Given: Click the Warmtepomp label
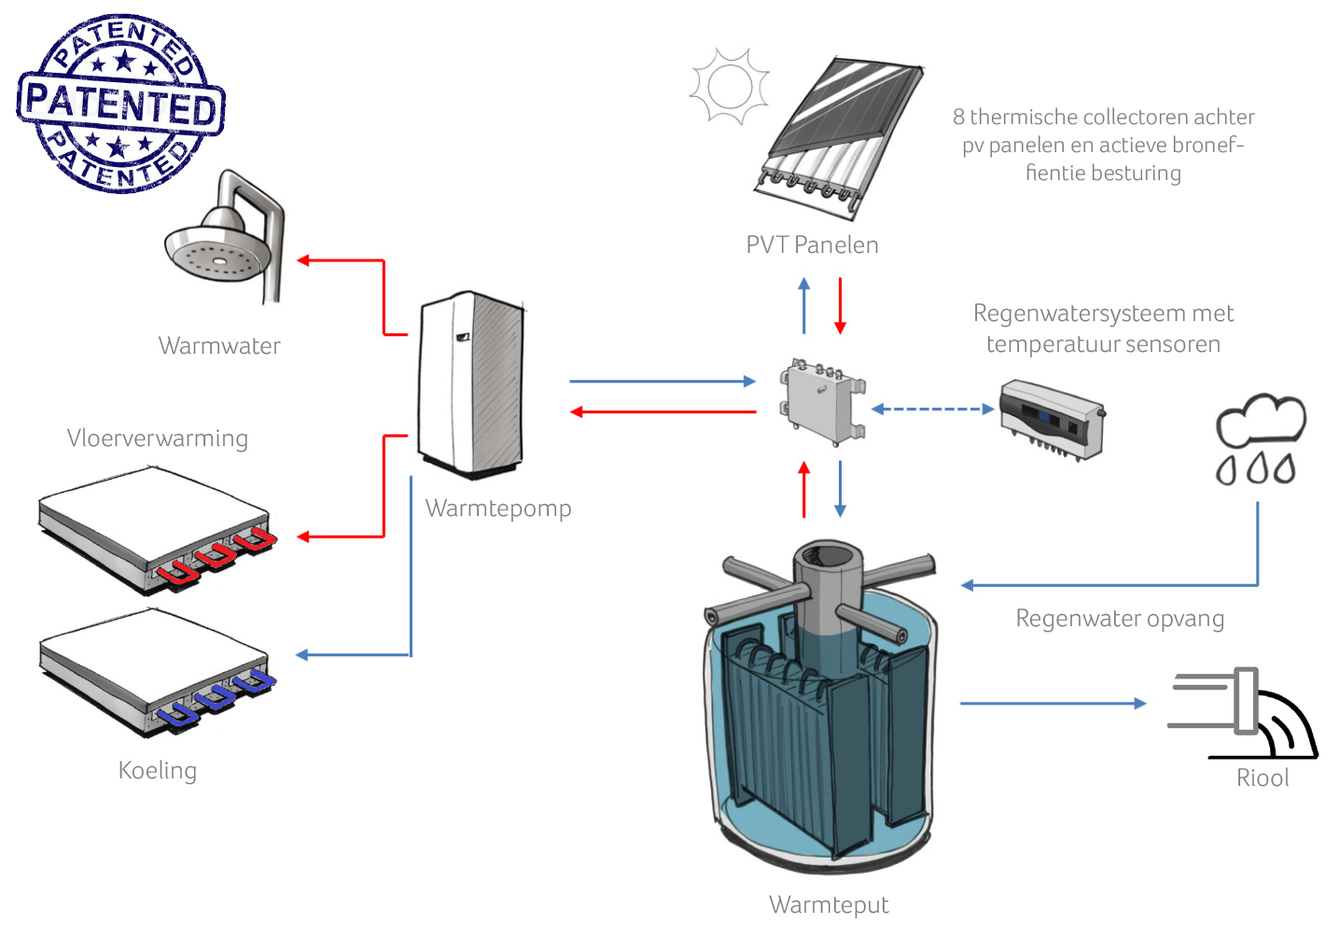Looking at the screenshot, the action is point(498,509).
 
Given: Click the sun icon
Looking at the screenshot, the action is point(730,87).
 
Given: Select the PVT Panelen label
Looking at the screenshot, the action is point(813,245).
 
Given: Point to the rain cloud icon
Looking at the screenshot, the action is point(1261,439).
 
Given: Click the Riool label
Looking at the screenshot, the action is point(1262,778).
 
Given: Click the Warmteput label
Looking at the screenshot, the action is point(830,905).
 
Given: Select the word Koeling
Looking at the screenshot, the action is point(157,771).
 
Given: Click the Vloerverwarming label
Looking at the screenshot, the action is point(157,439).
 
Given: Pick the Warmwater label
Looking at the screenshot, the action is point(219,345).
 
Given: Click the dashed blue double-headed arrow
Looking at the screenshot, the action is point(932,410).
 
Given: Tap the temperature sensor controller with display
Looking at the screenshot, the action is point(1053,420).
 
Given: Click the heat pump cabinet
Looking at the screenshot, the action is point(471,385).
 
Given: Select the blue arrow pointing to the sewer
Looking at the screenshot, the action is point(1053,704).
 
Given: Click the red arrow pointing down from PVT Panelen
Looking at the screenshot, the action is point(841,305).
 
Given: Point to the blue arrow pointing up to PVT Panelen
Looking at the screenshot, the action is point(804,305).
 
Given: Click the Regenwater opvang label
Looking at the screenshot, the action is point(1121,619).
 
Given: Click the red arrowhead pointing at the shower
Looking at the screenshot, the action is point(303,260).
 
